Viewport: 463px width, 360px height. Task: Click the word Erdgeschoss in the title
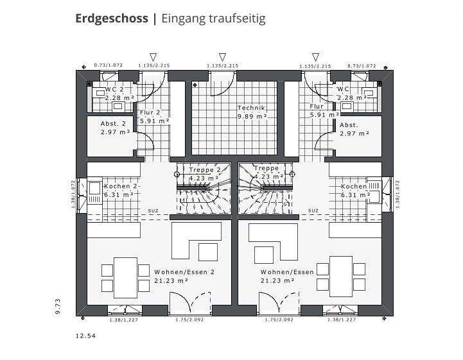112,19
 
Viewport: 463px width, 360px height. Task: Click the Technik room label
251,108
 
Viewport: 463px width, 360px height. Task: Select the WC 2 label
114,90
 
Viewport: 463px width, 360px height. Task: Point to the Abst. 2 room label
113,124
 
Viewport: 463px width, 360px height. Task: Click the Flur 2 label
150,112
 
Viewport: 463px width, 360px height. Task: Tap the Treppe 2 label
205,170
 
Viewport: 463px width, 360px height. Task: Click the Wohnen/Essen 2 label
183,272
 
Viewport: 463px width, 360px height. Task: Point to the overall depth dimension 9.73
58,307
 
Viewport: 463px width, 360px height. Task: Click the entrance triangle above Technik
222,56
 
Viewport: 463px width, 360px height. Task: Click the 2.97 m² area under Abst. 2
115,132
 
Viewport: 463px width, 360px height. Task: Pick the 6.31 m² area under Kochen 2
119,194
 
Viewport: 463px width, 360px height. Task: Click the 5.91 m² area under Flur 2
154,120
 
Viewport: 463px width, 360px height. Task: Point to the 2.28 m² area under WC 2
119,98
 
